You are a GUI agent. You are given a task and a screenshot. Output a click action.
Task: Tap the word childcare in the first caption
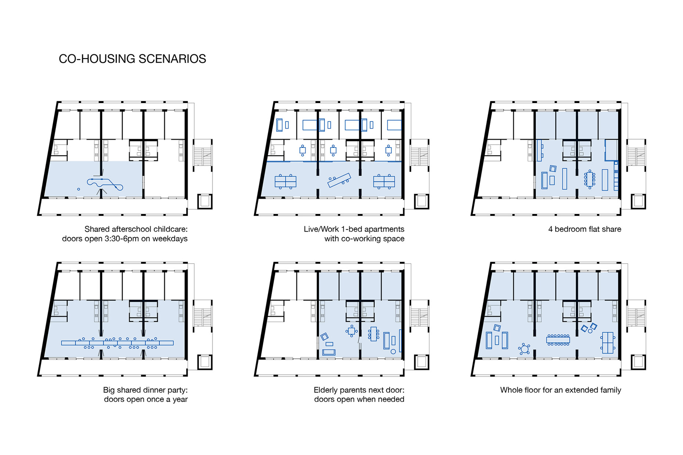click(169, 229)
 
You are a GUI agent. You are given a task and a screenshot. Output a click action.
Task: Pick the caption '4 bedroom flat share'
click(585, 229)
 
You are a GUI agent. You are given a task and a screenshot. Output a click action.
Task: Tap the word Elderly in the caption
click(326, 390)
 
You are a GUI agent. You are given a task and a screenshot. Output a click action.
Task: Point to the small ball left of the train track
click(79, 189)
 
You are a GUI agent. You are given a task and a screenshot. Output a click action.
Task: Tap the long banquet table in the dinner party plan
click(117, 343)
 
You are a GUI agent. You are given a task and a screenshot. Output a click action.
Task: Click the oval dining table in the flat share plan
click(590, 179)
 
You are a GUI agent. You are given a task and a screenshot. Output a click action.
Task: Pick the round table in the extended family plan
click(524, 349)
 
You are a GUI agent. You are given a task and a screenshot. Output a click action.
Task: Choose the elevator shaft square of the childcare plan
click(205, 201)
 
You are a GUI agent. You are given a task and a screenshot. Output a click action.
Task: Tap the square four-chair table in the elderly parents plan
click(351, 331)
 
